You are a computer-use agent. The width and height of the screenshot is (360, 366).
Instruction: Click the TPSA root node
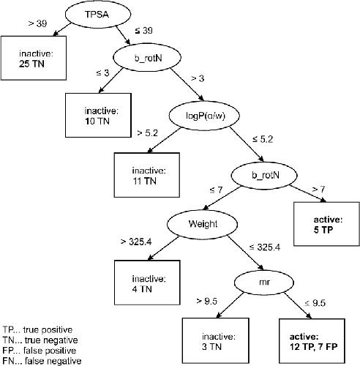(x=98, y=14)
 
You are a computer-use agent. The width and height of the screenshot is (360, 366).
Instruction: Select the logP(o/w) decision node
(x=204, y=116)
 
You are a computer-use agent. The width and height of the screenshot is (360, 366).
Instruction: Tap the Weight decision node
(x=202, y=224)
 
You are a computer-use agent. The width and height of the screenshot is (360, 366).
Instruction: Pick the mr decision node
(x=264, y=283)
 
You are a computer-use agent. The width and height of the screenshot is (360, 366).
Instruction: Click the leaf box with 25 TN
(x=34, y=58)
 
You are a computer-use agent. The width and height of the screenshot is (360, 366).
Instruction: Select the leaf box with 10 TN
(x=98, y=115)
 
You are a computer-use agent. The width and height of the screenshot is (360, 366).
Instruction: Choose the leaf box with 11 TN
(x=147, y=175)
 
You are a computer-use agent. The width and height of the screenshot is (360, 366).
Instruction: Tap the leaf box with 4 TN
(x=147, y=283)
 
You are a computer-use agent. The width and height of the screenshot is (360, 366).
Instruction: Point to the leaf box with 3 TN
(x=216, y=341)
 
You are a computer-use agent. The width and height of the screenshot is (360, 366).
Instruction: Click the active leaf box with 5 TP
(x=326, y=224)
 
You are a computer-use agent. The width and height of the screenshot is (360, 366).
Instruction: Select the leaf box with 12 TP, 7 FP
(x=312, y=341)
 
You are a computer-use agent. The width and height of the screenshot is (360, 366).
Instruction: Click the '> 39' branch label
(x=38, y=23)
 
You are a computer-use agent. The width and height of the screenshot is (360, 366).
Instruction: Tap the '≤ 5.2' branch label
(x=263, y=139)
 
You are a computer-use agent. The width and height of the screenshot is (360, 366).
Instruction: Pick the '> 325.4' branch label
(x=136, y=242)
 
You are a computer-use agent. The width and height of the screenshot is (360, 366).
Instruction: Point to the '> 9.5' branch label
(x=207, y=302)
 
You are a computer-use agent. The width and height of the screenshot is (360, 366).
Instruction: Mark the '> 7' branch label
(x=318, y=190)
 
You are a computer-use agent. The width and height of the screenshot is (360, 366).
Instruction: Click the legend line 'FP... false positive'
(x=40, y=351)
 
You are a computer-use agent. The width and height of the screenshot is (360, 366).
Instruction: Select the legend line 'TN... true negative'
(x=40, y=340)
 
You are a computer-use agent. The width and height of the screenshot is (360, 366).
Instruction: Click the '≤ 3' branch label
(x=103, y=72)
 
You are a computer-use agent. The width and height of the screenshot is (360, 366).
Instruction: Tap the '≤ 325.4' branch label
(x=265, y=247)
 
